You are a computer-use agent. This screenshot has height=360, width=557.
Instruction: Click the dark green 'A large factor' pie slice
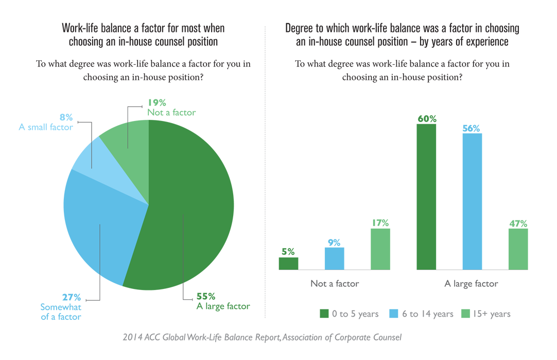(190, 206)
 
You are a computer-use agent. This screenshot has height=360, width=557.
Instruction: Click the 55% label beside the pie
(206, 296)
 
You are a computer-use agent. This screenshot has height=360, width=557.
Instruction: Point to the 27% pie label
(72, 297)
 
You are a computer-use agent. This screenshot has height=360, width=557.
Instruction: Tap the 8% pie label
(65, 117)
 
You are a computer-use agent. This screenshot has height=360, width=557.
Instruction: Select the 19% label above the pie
(157, 102)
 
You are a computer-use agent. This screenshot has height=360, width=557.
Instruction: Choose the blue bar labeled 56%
(472, 201)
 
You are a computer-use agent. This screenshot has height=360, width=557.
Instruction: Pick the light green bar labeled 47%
(518, 249)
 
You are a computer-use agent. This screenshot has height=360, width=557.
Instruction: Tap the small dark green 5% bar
(288, 264)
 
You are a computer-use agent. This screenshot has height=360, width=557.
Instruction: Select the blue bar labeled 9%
(335, 259)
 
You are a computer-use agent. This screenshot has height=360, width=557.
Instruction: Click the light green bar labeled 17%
(380, 249)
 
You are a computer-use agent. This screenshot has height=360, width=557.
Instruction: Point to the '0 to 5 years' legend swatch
(324, 314)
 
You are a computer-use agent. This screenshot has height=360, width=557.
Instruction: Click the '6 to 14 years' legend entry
(421, 314)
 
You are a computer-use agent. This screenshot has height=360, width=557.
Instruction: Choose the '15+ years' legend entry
(486, 314)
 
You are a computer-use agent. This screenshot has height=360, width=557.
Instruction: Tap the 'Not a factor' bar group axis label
(335, 284)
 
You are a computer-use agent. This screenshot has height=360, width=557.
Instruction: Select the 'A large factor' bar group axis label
(472, 284)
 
